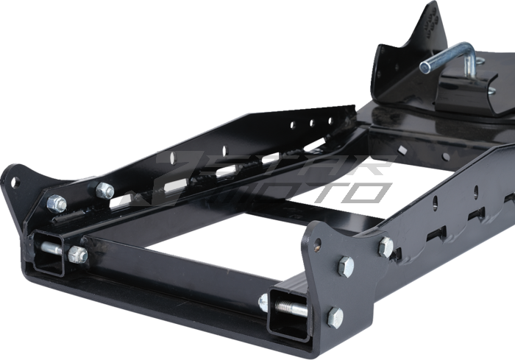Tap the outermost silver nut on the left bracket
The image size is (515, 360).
56,202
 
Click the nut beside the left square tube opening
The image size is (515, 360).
77,255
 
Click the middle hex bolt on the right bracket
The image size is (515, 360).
345,266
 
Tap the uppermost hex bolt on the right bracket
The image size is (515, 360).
386,247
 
